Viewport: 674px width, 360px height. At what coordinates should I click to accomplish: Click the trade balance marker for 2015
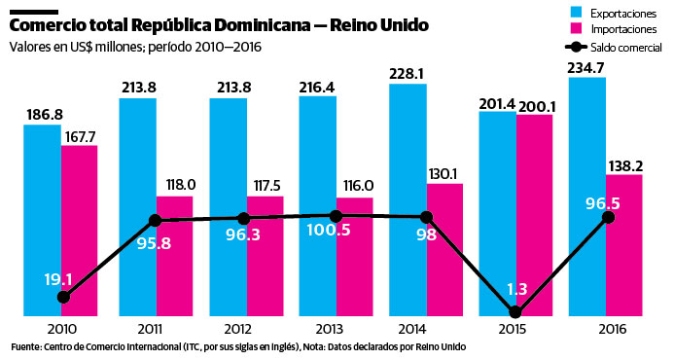515,312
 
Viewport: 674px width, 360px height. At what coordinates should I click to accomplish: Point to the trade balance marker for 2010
63,297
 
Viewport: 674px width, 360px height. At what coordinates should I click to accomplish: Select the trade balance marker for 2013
336,215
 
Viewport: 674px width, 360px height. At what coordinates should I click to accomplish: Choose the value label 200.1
535,105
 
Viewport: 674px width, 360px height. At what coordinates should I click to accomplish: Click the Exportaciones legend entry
615,12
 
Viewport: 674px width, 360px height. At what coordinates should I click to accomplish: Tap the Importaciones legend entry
616,29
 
